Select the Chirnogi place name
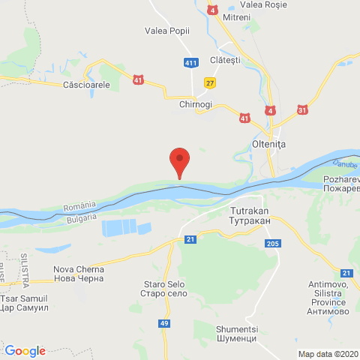[x=196, y=104]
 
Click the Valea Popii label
[x=167, y=31]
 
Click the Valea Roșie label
[x=259, y=4]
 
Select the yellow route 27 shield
[x=211, y=82]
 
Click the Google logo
[x=25, y=350]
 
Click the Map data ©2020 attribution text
[x=328, y=353]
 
